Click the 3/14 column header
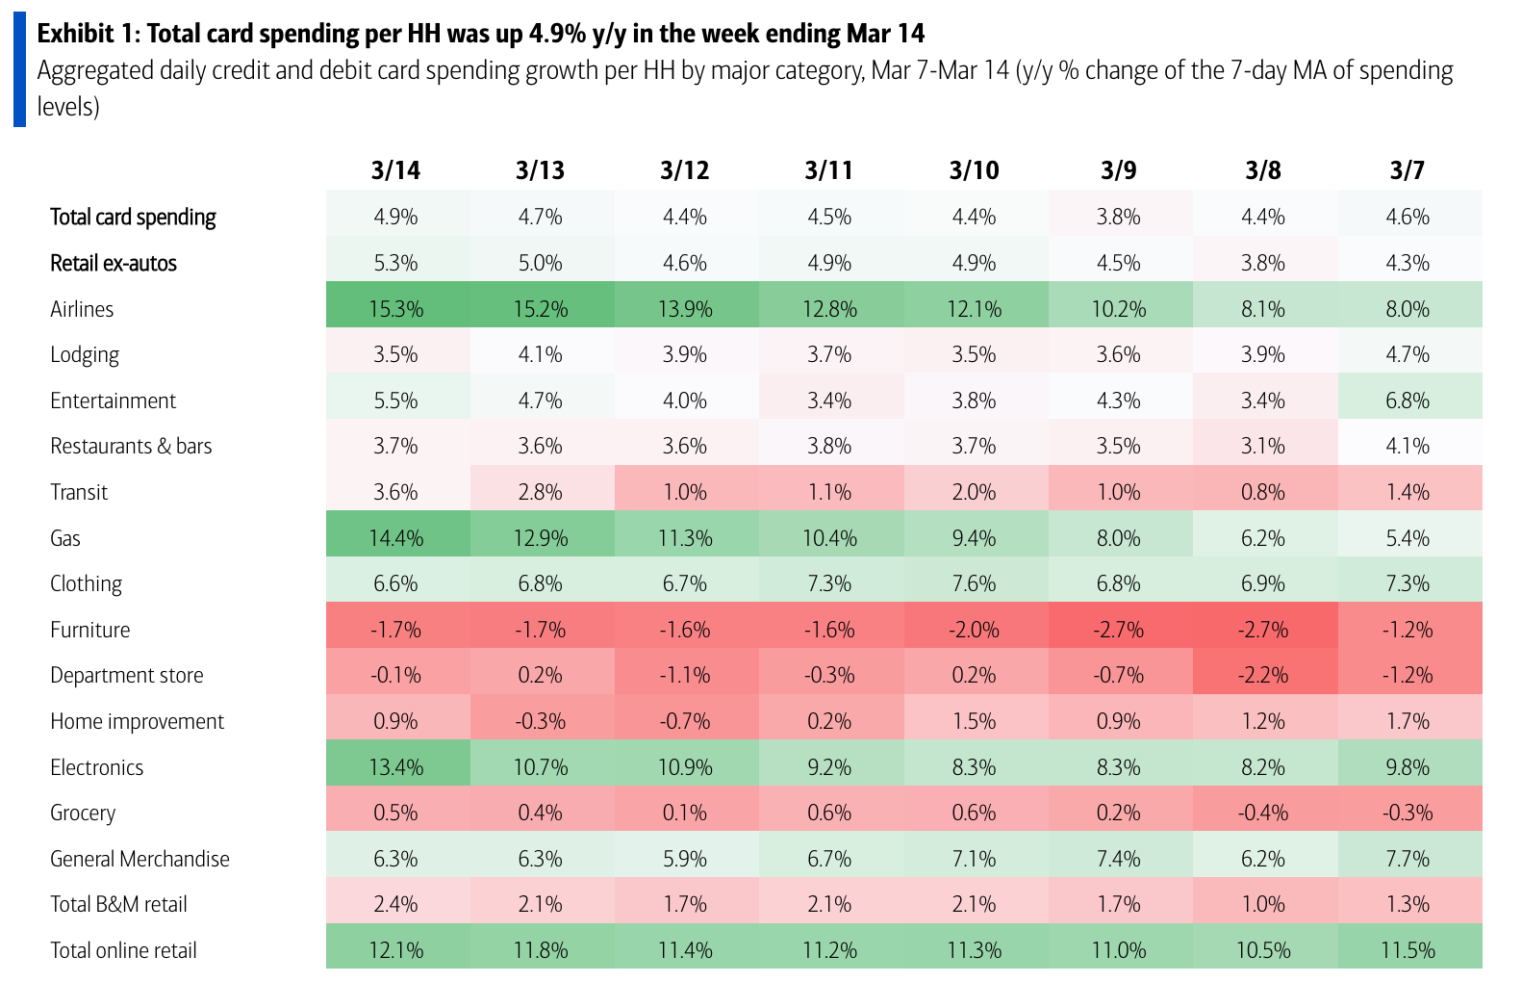pyautogui.click(x=396, y=170)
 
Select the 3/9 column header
pyautogui.click(x=1119, y=170)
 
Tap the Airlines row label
pyautogui.click(x=82, y=309)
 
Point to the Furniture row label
pyautogui.click(x=89, y=630)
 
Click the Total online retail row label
pyautogui.click(x=123, y=950)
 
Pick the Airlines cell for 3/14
pyautogui.click(x=396, y=309)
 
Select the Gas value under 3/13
pyautogui.click(x=541, y=538)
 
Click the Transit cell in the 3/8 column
pyautogui.click(x=1263, y=492)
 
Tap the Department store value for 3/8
pyautogui.click(x=1263, y=675)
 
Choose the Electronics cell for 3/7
pyautogui.click(x=1408, y=767)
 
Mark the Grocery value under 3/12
pyautogui.click(x=685, y=813)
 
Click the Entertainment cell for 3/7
pyautogui.click(x=1408, y=401)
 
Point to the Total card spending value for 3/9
pyautogui.click(x=1119, y=217)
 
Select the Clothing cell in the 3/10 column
pyautogui.click(x=975, y=583)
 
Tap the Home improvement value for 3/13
pyautogui.click(x=541, y=721)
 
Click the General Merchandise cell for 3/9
pyautogui.click(x=1119, y=859)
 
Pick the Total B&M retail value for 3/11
pyautogui.click(x=829, y=904)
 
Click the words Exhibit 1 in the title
pyautogui.click(x=88, y=34)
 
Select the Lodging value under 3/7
pyautogui.click(x=1408, y=354)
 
